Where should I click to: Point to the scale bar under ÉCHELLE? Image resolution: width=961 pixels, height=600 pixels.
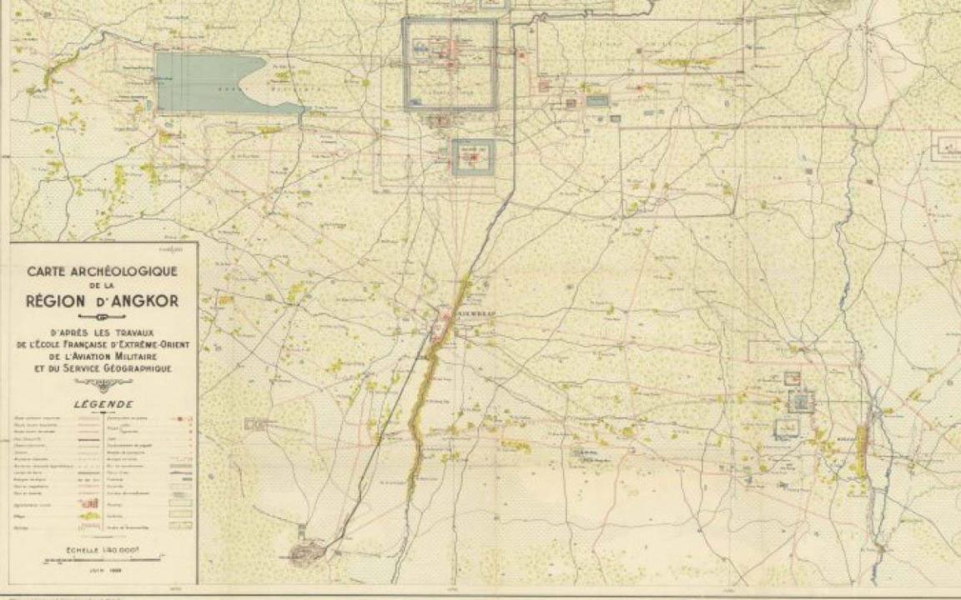pos(103,559)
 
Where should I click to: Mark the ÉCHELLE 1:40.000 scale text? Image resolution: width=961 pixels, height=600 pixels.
pos(103,550)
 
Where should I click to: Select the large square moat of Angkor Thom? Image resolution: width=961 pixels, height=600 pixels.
pos(450,64)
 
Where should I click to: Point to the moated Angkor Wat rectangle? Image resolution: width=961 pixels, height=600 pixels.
pos(473,156)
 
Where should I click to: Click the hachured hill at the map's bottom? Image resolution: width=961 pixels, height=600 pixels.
pos(308,551)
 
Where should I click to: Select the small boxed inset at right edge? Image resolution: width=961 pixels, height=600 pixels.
pos(946,148)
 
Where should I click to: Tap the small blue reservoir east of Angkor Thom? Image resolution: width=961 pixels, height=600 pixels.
pos(597,101)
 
